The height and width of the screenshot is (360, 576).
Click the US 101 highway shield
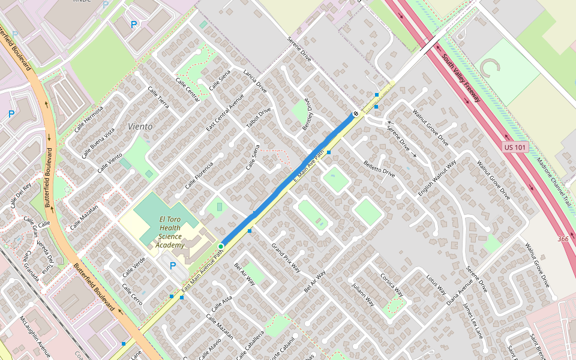[515, 147]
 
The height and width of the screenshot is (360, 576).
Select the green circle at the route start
[221, 247]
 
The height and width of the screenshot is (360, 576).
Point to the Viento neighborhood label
[140, 127]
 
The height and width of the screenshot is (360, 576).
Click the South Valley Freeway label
[463, 78]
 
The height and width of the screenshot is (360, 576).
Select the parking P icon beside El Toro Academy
[173, 265]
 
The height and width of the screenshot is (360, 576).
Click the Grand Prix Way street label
[286, 257]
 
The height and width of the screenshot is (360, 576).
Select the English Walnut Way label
[437, 178]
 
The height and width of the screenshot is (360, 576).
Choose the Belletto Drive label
[379, 168]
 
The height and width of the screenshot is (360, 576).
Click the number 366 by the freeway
[563, 239]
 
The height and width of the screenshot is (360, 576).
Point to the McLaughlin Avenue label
[35, 335]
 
